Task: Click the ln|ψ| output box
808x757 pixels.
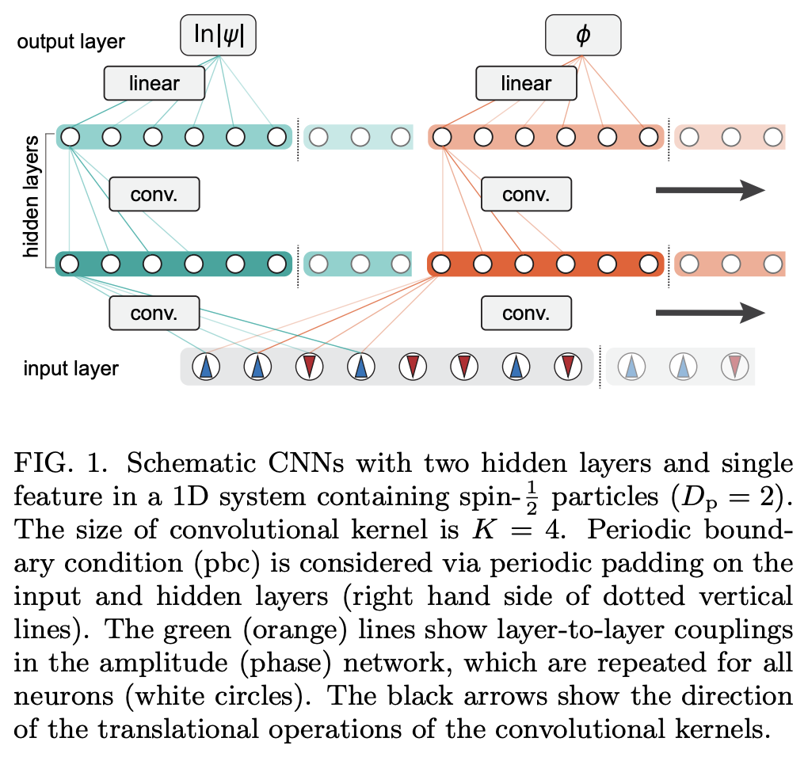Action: click(x=218, y=36)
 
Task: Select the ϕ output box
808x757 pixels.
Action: click(x=584, y=36)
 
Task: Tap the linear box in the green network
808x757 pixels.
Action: click(x=154, y=82)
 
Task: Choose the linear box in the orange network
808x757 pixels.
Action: click(x=526, y=82)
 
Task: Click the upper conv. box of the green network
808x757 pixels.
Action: click(x=154, y=193)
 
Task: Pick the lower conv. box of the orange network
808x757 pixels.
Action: click(x=526, y=314)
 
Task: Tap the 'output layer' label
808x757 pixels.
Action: click(x=71, y=41)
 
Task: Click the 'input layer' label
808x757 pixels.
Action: click(x=71, y=368)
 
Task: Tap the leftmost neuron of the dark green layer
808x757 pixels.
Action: click(x=70, y=263)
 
